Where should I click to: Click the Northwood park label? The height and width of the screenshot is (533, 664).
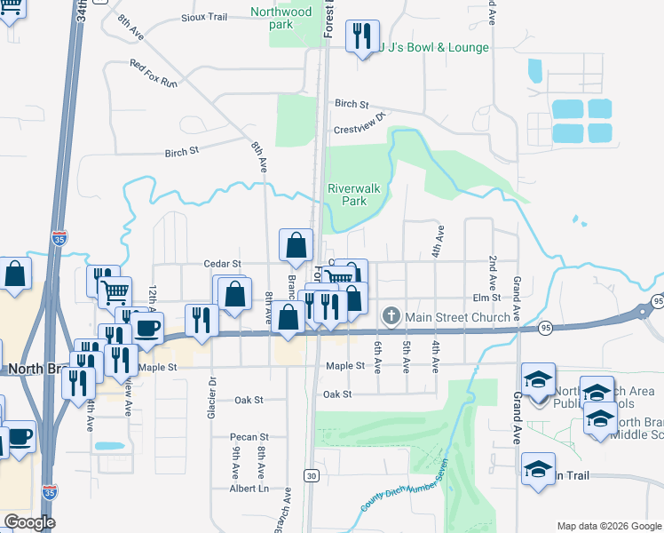[281, 18]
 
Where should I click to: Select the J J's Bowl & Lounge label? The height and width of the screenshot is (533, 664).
[434, 47]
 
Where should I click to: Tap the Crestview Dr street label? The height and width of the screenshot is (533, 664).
[361, 123]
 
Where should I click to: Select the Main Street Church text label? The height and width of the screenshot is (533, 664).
[458, 316]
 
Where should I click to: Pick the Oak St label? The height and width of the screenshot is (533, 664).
[337, 394]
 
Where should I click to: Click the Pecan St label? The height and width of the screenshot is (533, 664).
[250, 437]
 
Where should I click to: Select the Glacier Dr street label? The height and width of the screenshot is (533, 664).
[212, 392]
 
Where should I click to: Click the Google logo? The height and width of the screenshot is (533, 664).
[29, 522]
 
